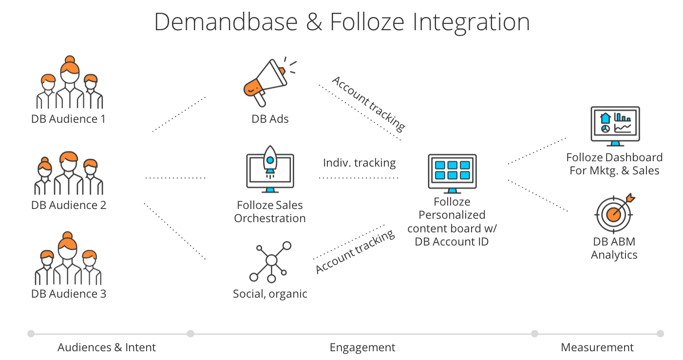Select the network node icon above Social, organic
(269, 262)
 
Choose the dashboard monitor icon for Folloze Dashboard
(615, 126)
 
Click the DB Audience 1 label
(68, 118)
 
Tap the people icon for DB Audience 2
(69, 174)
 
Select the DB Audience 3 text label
(68, 293)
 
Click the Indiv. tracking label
(359, 163)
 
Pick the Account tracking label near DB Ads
(368, 103)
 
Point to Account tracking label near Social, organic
(355, 252)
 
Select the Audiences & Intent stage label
(107, 347)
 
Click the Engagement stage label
(362, 347)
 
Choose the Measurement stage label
(597, 347)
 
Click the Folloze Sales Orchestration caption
(269, 211)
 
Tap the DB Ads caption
(270, 118)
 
